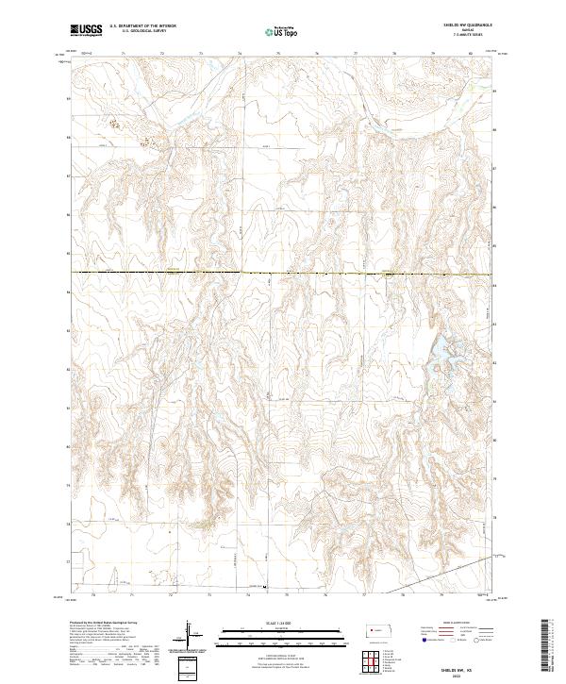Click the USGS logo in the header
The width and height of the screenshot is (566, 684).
(x=87, y=30)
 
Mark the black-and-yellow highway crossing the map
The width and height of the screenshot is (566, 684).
(x=283, y=274)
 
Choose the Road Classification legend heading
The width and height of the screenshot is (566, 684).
(x=446, y=624)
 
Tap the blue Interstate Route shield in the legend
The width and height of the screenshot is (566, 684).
(x=415, y=638)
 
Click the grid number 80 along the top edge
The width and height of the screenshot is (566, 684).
(x=470, y=55)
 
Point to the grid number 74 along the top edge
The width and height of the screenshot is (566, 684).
(x=239, y=55)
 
